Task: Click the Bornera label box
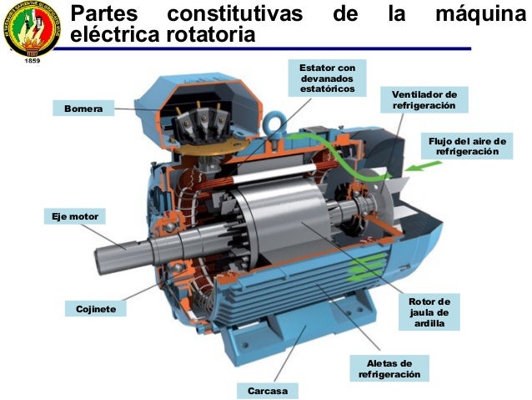point(83,108)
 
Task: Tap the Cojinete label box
point(95,309)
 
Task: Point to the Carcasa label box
point(267,390)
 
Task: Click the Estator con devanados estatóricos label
point(327,78)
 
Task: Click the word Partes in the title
point(106,14)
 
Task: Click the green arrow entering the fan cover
point(429,168)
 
